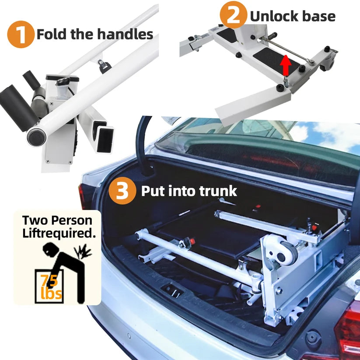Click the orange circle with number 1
click(x=21, y=35)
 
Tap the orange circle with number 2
click(x=234, y=15)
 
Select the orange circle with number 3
click(x=122, y=191)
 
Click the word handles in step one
click(x=125, y=34)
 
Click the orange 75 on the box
click(x=49, y=280)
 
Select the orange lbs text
click(x=51, y=293)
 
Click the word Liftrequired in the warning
click(x=59, y=234)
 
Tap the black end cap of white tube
click(x=36, y=137)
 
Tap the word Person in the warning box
click(x=71, y=220)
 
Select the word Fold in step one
click(x=52, y=34)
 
